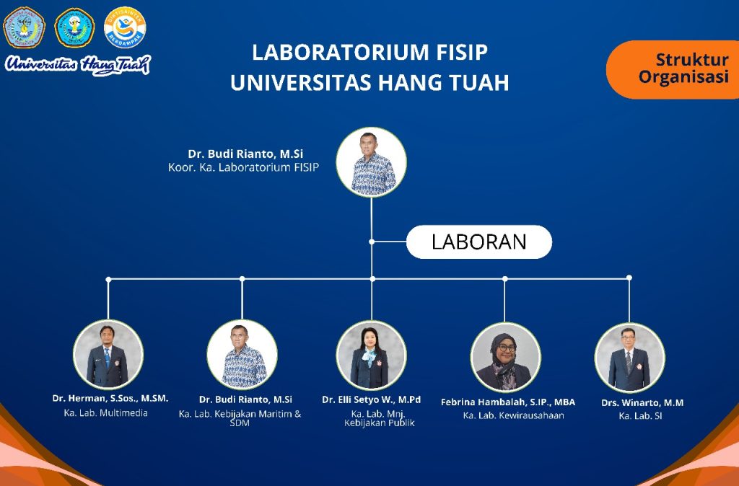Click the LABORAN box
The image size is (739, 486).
[x=479, y=242]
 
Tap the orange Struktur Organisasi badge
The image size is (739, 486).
[x=673, y=70]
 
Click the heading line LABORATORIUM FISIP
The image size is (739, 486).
[x=369, y=52]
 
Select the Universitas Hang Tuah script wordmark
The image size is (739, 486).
[x=78, y=64]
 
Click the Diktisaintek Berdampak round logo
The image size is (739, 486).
[x=125, y=27]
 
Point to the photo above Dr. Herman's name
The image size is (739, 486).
[x=108, y=355]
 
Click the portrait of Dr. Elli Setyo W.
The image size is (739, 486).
[x=372, y=356]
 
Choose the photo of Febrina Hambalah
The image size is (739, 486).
[x=505, y=357]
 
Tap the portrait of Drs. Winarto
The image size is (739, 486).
[x=629, y=358]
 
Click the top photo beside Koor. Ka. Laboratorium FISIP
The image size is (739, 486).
[x=372, y=162]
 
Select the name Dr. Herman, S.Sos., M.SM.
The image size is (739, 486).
[x=110, y=399]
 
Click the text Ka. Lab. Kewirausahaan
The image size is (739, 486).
[x=513, y=415]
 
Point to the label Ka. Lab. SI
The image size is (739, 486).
[x=641, y=416]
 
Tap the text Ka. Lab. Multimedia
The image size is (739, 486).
[x=106, y=413]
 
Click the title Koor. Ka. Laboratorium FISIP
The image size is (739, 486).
[x=244, y=167]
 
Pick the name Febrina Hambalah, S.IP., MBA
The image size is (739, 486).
[x=508, y=402]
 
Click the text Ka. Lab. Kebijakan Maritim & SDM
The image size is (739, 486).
[x=240, y=418]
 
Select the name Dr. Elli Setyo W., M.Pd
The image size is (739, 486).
[x=372, y=399]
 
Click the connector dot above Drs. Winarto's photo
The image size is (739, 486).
[x=629, y=278]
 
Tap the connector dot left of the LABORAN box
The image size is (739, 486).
[x=372, y=242]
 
